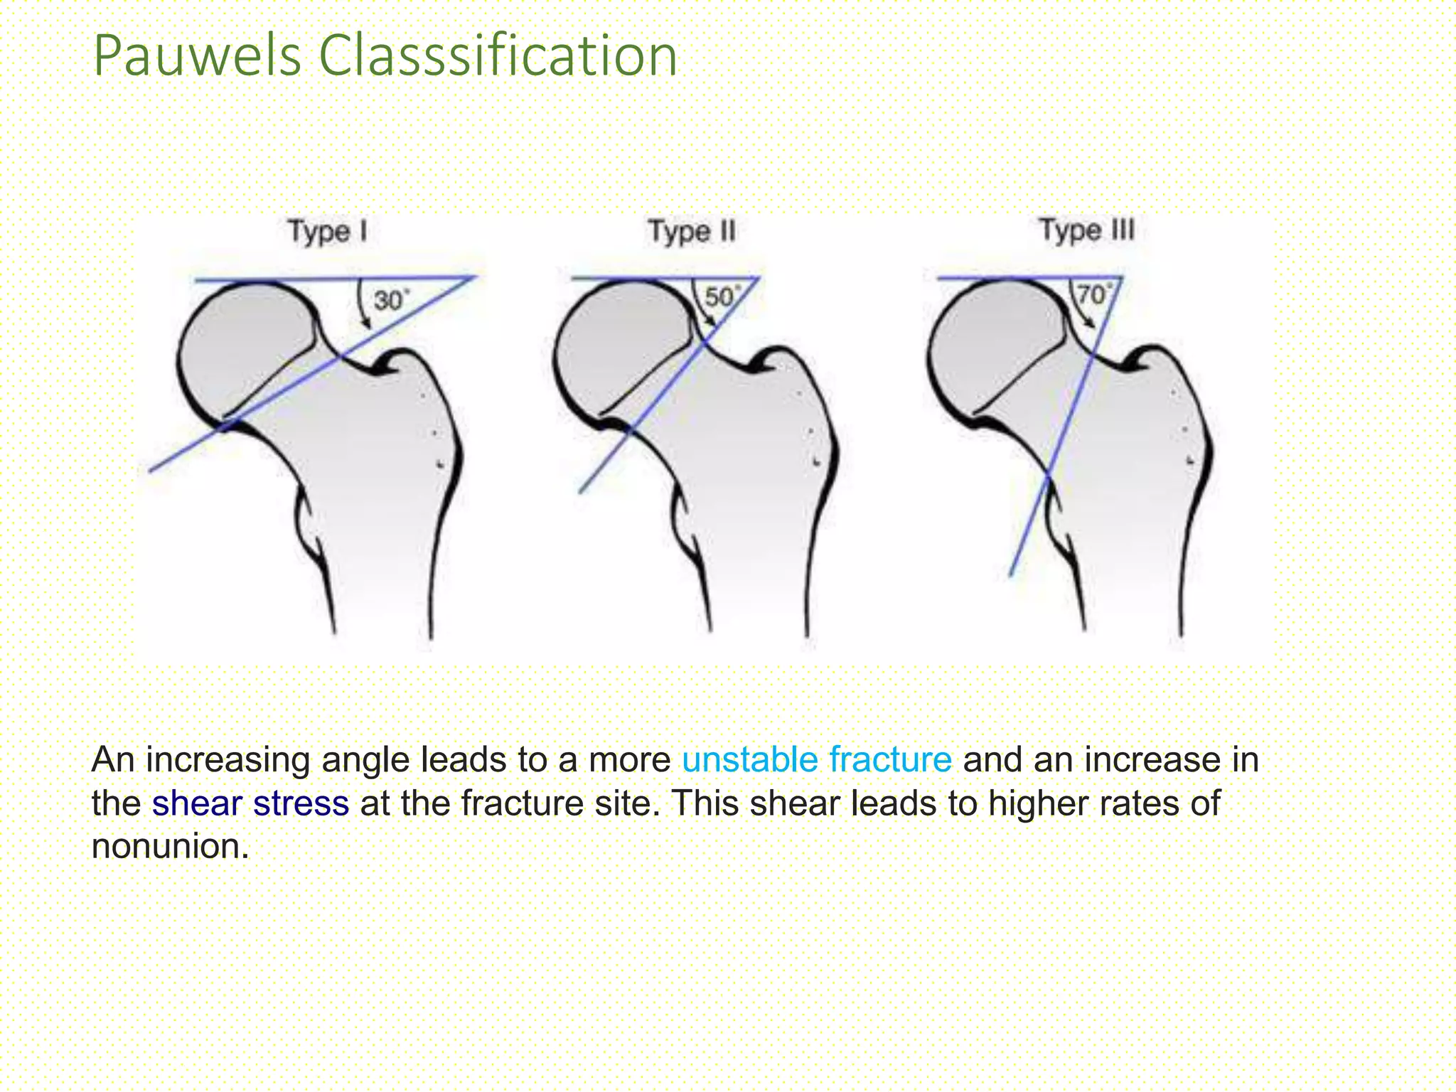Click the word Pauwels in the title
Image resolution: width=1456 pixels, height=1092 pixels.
(x=197, y=57)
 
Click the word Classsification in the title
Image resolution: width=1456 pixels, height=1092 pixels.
(x=498, y=57)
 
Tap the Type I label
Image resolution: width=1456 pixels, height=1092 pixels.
(x=328, y=232)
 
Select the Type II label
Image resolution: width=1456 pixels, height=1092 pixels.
(x=692, y=232)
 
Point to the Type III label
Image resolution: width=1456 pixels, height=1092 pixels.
(x=1087, y=230)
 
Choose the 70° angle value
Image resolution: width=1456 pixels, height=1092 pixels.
(x=1093, y=294)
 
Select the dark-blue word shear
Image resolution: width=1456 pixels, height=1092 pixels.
(x=196, y=803)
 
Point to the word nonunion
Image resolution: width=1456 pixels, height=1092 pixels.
(x=170, y=847)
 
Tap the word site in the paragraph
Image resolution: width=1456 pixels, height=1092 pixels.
(x=629, y=803)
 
